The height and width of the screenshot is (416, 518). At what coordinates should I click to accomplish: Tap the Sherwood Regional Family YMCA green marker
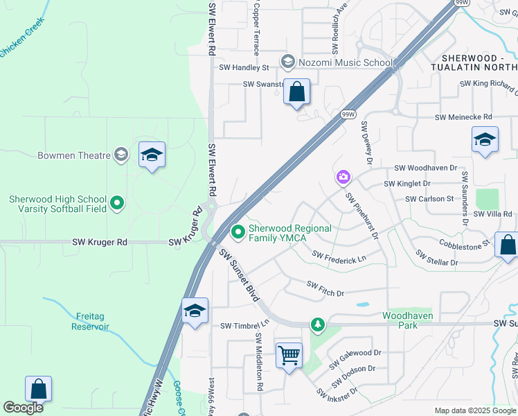[238, 232]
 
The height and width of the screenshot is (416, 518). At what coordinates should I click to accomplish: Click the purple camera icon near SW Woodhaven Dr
[343, 178]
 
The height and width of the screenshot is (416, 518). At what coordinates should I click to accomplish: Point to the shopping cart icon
[289, 356]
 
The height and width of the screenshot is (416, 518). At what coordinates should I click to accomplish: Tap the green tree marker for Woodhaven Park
[318, 324]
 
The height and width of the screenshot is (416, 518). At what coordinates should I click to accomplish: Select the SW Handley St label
[244, 68]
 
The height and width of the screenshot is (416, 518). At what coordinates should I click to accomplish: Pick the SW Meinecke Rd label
[463, 118]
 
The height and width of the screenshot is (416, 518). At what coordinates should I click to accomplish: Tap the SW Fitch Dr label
[325, 288]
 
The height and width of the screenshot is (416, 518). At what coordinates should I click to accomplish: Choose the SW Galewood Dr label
[356, 358]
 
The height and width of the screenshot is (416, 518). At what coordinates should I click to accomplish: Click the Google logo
[23, 408]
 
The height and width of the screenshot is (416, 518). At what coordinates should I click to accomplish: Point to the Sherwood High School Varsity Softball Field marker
[117, 203]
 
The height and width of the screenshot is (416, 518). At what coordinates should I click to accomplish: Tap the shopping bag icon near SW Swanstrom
[296, 92]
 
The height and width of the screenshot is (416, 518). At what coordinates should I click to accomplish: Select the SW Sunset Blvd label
[240, 276]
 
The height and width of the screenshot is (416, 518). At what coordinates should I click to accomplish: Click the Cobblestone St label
[465, 243]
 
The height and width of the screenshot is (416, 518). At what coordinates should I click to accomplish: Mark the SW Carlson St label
[429, 199]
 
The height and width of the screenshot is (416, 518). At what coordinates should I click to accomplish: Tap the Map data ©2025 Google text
[474, 410]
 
